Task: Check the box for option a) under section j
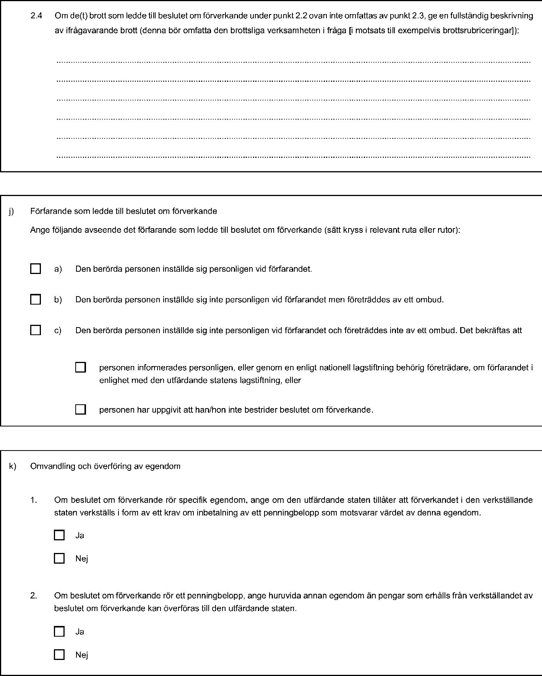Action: [36, 269]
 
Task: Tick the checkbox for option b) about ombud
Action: [36, 299]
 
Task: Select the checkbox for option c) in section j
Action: [36, 330]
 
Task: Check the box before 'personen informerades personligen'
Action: [80, 367]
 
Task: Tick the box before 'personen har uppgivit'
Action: [80, 409]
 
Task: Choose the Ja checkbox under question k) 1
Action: [59, 535]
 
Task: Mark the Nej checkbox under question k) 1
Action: [59, 558]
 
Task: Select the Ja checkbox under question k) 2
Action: [59, 631]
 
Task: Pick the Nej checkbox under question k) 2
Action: [59, 655]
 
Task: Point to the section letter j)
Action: [12, 211]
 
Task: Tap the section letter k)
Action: [13, 466]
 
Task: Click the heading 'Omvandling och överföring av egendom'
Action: [105, 466]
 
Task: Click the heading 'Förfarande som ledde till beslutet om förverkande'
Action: [123, 211]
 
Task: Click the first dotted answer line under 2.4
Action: [293, 62]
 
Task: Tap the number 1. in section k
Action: [34, 500]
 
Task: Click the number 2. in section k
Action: [34, 595]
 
